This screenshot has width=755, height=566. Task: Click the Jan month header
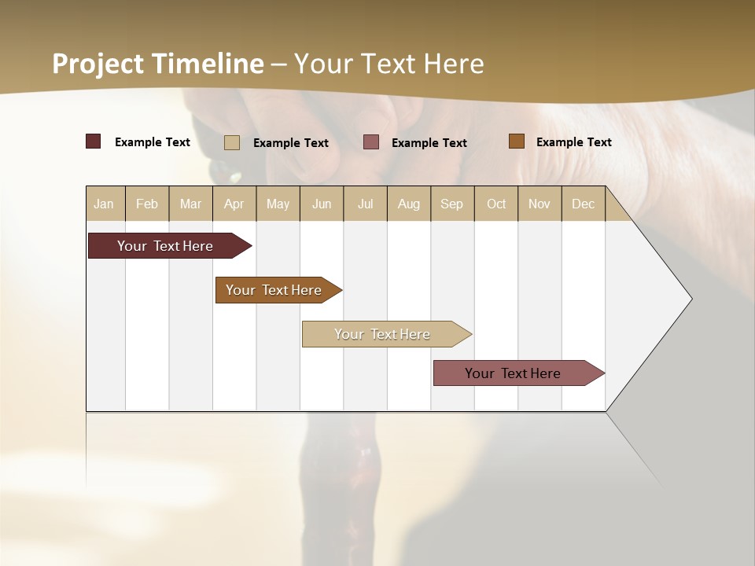105,204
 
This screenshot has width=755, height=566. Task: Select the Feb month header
147,204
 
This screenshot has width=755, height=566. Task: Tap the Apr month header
234,204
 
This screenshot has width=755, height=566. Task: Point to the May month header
278,204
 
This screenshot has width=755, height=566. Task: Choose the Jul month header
365,204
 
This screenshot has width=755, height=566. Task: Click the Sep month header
451,204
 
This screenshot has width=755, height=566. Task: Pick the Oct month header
496,204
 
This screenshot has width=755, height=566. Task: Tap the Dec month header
583,204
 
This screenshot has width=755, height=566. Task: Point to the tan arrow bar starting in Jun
383,334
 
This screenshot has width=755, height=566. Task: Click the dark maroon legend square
93,141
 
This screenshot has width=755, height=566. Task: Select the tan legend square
232,142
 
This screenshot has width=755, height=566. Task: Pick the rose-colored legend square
371,141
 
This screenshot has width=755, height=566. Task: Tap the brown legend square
517,141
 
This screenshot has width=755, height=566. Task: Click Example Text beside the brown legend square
573,141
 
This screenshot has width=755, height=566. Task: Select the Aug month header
409,204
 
